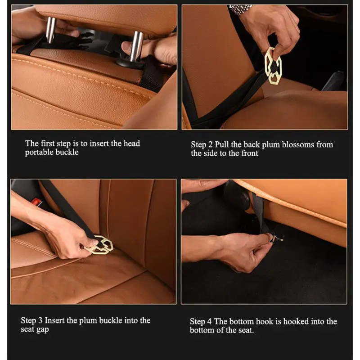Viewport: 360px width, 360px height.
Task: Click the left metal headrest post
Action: (x=50, y=30)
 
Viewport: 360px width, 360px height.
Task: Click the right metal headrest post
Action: (x=137, y=46)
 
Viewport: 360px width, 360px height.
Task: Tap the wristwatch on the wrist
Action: (x=240, y=9)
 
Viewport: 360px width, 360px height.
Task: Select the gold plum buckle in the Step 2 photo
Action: (x=273, y=66)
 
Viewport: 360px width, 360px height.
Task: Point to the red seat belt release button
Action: (x=37, y=202)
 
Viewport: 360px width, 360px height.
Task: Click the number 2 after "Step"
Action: (x=210, y=144)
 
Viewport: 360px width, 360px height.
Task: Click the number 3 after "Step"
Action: (x=40, y=320)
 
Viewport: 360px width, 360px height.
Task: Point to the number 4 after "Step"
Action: (x=209, y=321)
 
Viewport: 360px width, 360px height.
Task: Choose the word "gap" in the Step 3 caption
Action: (x=42, y=330)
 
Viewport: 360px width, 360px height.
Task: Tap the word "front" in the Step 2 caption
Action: (x=250, y=153)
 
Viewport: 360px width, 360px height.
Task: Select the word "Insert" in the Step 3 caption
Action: (x=54, y=320)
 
